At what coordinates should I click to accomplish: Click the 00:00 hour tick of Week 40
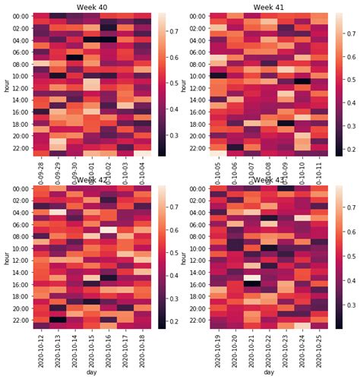point(21,17)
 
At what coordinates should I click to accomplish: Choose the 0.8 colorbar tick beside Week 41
point(352,34)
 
